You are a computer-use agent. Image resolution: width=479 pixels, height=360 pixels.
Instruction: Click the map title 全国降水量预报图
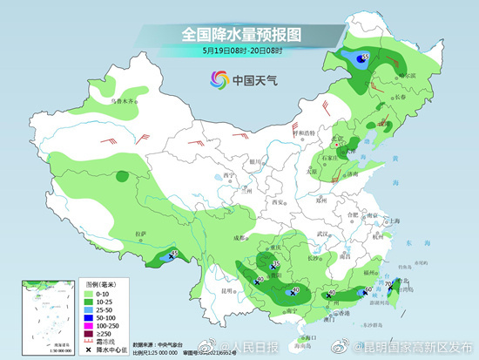point(239,35)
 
